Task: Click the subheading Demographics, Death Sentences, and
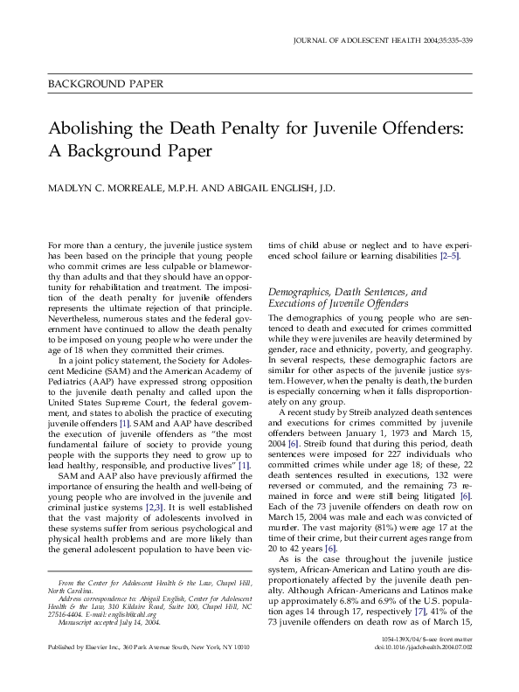click(x=348, y=291)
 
